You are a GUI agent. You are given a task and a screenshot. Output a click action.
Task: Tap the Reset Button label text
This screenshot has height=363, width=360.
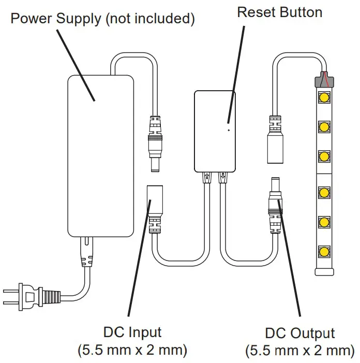279,12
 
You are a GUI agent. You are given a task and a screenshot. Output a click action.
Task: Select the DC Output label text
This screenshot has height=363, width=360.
300,333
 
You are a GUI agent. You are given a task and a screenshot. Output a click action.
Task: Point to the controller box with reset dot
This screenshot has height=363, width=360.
215,132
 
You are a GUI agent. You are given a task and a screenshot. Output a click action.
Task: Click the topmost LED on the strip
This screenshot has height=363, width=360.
324,97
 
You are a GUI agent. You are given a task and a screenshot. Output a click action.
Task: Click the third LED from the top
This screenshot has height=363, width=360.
324,155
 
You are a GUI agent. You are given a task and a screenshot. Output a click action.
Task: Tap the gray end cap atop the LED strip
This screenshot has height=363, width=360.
324,80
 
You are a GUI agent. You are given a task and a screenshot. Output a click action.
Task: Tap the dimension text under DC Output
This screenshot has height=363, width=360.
300,351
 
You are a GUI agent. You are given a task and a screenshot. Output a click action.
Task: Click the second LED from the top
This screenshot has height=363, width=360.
324,126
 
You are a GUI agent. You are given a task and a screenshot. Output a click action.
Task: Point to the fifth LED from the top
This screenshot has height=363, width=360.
324,222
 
